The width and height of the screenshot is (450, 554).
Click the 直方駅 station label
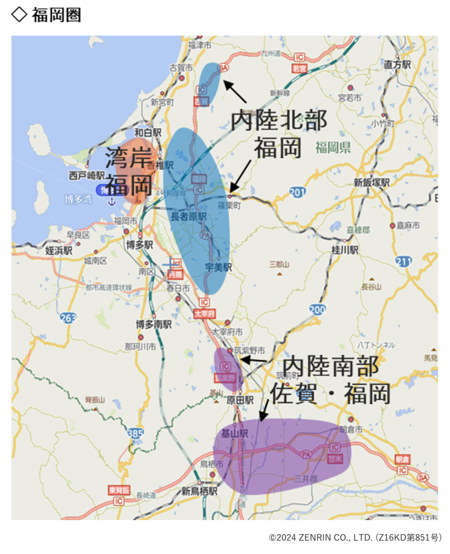coord(398,64)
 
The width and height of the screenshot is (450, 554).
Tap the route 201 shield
coord(297,192)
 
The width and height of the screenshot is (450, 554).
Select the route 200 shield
coord(317,309)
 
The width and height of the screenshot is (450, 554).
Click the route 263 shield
coord(69,318)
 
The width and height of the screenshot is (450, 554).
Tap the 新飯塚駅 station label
coord(372,183)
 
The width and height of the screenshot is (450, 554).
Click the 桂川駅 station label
coord(345,250)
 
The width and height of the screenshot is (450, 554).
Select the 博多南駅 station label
coord(154,325)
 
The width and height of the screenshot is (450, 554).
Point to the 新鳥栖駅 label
coord(199,491)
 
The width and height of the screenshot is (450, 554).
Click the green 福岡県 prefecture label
coord(333,147)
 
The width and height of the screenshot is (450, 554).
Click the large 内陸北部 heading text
coord(279,120)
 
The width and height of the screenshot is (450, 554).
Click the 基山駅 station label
coord(234,433)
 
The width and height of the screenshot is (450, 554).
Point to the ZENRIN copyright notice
coord(355,537)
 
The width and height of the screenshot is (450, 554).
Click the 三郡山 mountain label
coord(279,265)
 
